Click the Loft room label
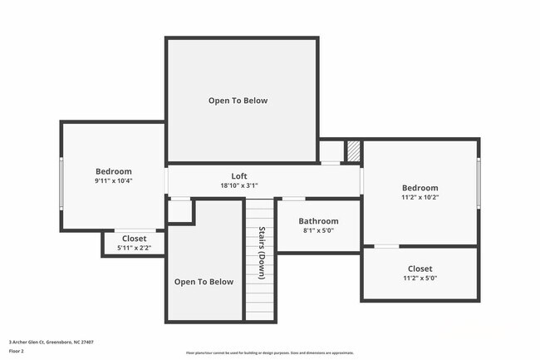(238, 175)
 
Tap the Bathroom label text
(319, 221)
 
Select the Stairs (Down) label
(261, 253)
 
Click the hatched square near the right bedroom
(353, 151)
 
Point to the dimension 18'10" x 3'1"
(238, 186)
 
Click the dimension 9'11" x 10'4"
(114, 180)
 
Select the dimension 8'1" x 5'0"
(319, 231)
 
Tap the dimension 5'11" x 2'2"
(134, 248)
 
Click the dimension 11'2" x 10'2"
(420, 198)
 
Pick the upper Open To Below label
(238, 101)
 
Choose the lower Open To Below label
(204, 282)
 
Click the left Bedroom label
(113, 170)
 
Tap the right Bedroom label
(420, 188)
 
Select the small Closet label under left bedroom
(134, 239)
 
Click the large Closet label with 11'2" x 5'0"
(420, 269)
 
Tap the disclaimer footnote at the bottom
(269, 353)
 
